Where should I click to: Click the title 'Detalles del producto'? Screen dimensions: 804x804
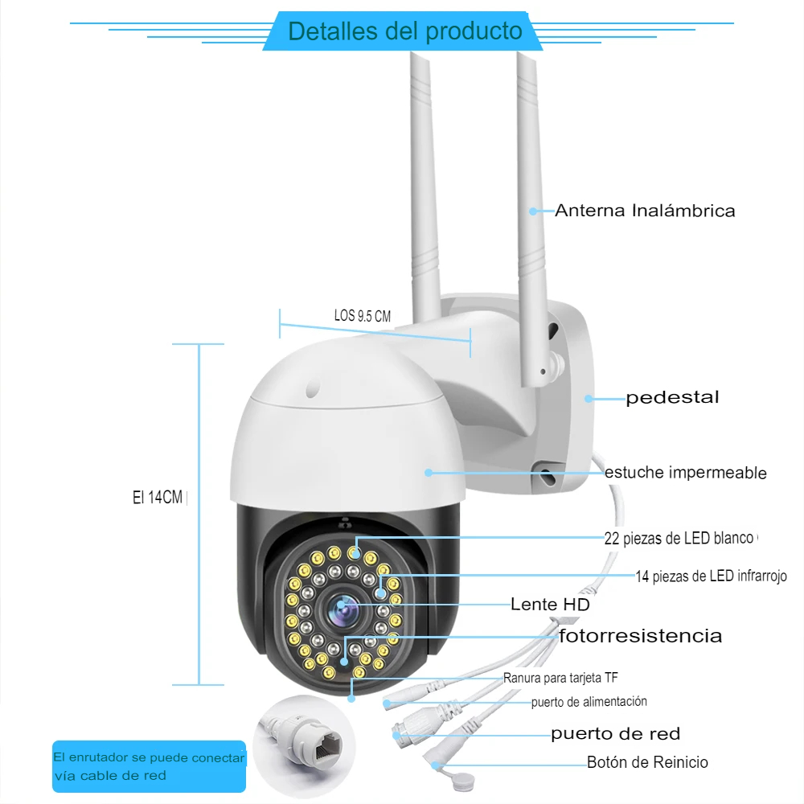[x=405, y=32]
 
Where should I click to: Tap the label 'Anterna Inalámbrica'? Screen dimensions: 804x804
[x=645, y=211]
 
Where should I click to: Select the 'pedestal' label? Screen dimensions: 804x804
[x=672, y=397]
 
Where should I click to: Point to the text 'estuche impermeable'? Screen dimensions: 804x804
[x=685, y=473]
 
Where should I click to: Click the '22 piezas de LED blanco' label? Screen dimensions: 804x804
[x=679, y=538]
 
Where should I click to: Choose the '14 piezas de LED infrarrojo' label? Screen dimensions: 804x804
[x=711, y=576]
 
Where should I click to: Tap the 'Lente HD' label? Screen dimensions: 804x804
[x=550, y=604]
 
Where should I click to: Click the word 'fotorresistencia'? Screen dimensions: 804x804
[x=641, y=636]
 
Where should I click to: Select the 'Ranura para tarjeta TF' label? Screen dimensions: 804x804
[x=560, y=678]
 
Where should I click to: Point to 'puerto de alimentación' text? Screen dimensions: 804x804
[x=589, y=702]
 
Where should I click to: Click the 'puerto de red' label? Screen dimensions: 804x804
[x=615, y=733]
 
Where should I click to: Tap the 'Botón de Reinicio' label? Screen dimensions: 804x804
[x=647, y=762]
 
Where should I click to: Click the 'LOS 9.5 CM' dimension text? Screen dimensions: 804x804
[x=363, y=316]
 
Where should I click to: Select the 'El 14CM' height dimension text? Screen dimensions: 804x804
[x=158, y=498]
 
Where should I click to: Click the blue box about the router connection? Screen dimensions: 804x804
[x=150, y=766]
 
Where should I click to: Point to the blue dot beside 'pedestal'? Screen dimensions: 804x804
[x=589, y=398]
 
